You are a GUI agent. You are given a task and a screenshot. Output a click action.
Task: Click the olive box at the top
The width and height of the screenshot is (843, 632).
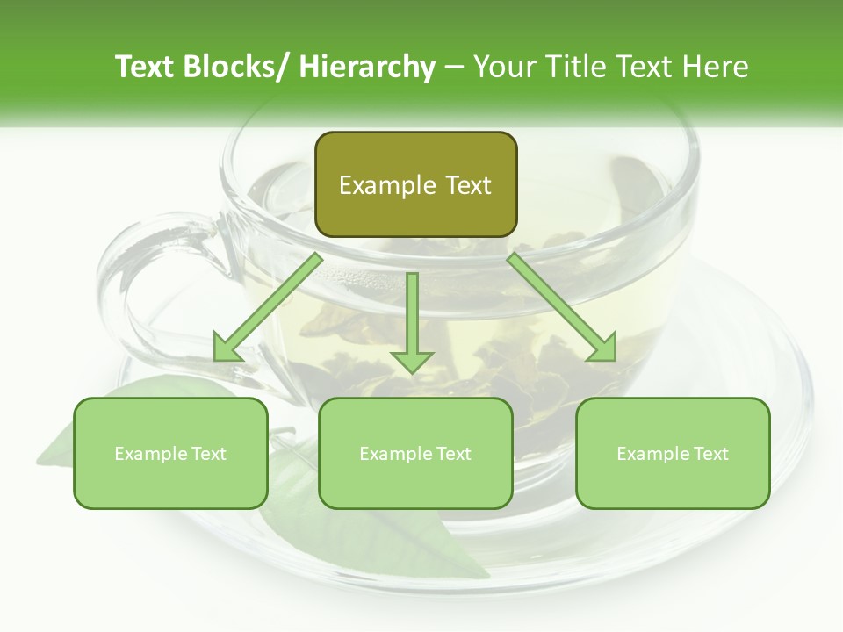[x=415, y=184]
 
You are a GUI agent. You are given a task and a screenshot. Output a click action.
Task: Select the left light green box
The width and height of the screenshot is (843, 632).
[x=170, y=453]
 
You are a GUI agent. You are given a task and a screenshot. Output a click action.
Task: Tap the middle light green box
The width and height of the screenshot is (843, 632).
[x=415, y=453]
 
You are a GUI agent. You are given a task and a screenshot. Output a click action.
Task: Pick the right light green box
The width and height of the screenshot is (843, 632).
[x=673, y=453]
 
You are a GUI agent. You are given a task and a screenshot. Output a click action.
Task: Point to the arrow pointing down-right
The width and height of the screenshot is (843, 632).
[x=562, y=308]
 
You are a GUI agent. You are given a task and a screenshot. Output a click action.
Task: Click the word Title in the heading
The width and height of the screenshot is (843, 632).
[x=575, y=67]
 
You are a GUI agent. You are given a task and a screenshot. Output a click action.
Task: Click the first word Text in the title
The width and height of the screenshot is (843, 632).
[x=145, y=67]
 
